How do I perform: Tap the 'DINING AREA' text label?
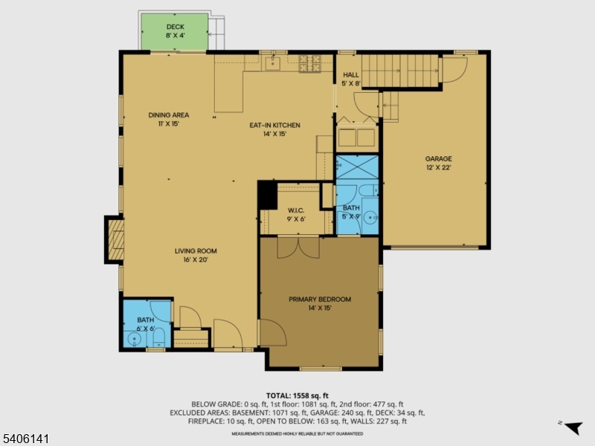(x=168, y=115)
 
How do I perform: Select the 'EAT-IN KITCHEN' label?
(x=274, y=126)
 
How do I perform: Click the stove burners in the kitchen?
(x=310, y=64)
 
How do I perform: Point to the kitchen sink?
(x=272, y=63)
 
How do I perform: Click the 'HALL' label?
(x=350, y=75)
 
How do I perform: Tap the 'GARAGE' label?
(x=438, y=158)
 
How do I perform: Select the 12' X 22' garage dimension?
(x=438, y=168)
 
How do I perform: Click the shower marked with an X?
(x=358, y=167)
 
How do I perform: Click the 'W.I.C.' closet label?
(x=297, y=210)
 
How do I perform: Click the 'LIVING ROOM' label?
(x=196, y=251)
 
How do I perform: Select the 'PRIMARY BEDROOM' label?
(x=320, y=299)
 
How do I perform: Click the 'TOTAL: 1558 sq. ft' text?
(x=297, y=395)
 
